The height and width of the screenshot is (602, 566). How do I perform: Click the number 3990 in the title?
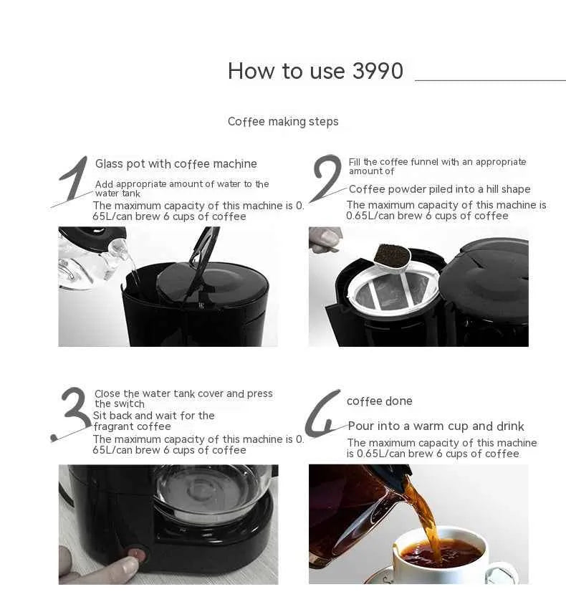(378, 71)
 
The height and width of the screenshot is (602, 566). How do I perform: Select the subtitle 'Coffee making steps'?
(283, 121)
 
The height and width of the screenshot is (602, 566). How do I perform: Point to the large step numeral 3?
(72, 414)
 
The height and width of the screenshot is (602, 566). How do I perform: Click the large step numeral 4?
(322, 415)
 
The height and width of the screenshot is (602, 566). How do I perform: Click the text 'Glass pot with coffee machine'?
(176, 163)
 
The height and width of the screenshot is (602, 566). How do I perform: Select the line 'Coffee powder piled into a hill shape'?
(439, 189)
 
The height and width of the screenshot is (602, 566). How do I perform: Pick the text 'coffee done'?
(379, 401)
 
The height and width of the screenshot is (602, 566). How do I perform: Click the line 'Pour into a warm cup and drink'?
(436, 426)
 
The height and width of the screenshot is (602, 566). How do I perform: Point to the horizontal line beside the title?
(490, 80)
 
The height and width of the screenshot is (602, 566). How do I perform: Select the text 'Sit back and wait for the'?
(153, 416)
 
